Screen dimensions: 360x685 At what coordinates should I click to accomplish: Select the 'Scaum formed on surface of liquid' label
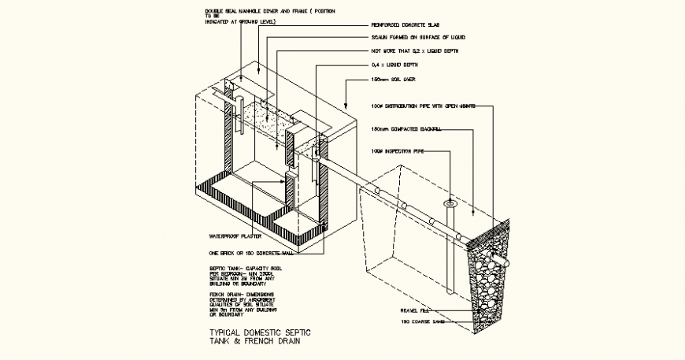coord(418,37)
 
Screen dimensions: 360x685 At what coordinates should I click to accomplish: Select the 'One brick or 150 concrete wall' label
coord(246,254)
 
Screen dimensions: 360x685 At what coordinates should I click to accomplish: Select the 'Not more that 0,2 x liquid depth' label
coord(414,51)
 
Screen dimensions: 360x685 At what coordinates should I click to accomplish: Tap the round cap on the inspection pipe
coord(450,203)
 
